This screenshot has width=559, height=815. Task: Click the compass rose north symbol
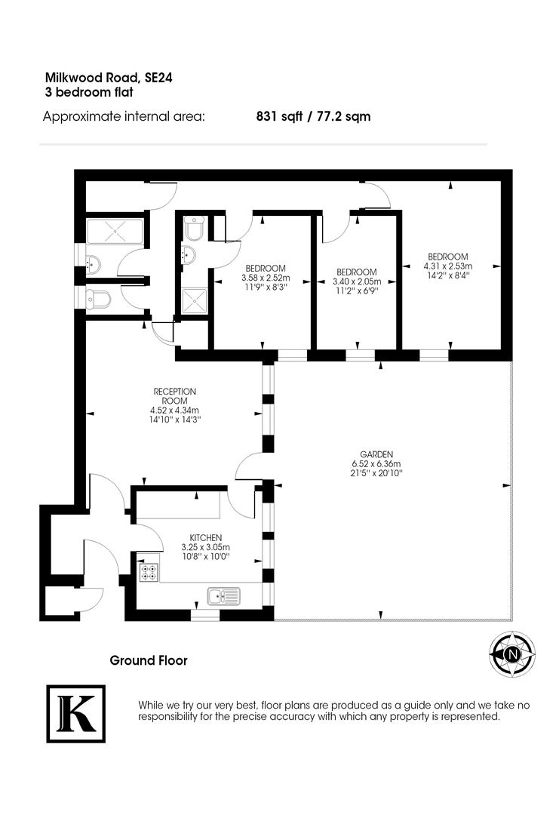512,654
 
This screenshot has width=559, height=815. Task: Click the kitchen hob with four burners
149,573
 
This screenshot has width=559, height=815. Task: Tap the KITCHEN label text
205,537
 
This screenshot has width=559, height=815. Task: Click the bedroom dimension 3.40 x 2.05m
355,281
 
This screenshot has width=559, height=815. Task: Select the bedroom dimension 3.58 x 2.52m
265,278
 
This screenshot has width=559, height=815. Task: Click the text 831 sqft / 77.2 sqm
313,117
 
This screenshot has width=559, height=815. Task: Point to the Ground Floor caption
149,660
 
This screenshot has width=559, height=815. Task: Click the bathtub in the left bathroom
114,232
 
